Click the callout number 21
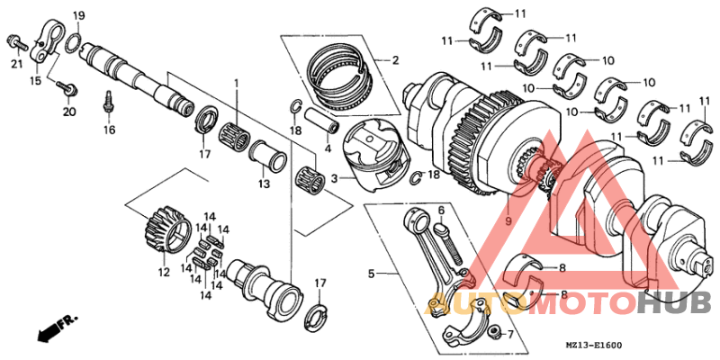pyautogui.click(x=15, y=63)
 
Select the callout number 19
pyautogui.click(x=78, y=16)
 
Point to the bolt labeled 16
pyautogui.click(x=108, y=101)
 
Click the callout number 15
pyautogui.click(x=36, y=81)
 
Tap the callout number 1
pyautogui.click(x=237, y=84)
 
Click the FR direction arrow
pyautogui.click(x=56, y=328)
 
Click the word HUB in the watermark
pyautogui.click(x=674, y=304)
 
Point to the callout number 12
pyautogui.click(x=163, y=273)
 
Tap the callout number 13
pyautogui.click(x=264, y=184)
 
